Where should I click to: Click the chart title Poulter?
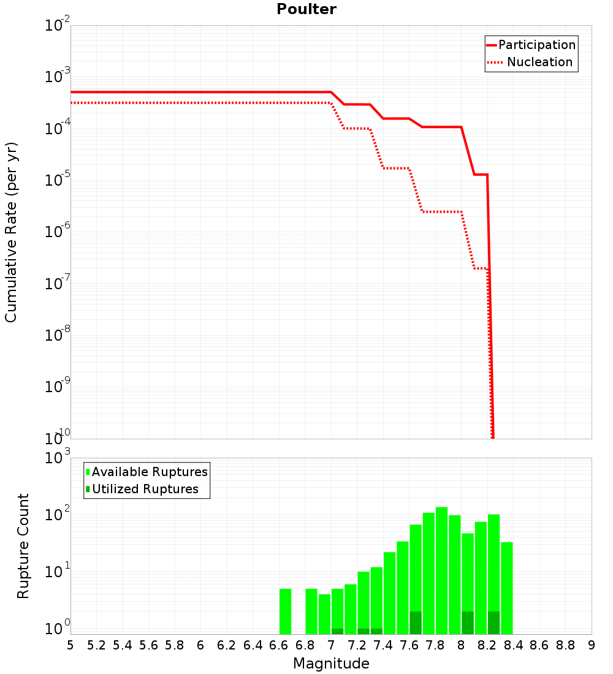click(x=306, y=9)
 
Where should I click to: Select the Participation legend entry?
click(x=537, y=45)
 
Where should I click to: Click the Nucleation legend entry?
click(x=539, y=62)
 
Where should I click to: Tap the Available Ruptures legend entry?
click(x=150, y=472)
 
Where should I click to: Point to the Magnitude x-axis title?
click(x=331, y=664)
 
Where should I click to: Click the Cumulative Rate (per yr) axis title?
click(x=11, y=232)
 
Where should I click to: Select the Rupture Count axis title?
click(x=23, y=546)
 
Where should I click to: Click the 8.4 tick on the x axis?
click(x=513, y=645)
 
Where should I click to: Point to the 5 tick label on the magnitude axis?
click(x=70, y=645)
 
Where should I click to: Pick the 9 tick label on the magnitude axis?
click(x=592, y=645)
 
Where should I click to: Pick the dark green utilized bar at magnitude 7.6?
click(x=416, y=623)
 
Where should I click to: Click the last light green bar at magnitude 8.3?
click(x=506, y=588)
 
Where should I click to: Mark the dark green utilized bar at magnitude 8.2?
click(x=493, y=623)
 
